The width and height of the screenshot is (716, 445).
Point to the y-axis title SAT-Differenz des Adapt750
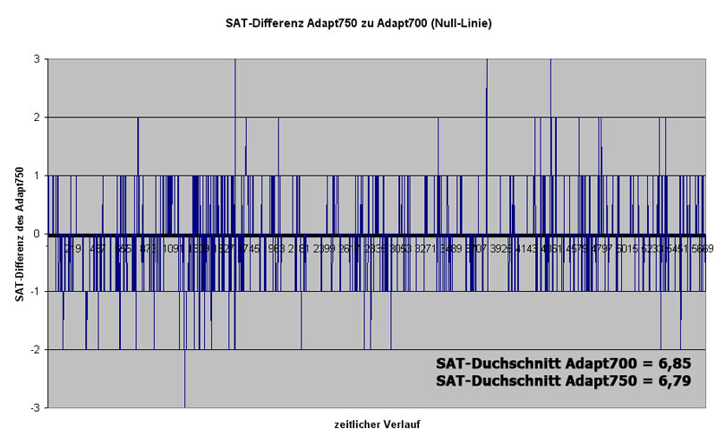20,233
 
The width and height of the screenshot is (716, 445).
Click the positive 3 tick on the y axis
38,59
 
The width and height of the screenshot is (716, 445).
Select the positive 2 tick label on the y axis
38,117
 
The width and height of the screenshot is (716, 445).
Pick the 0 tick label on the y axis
38,234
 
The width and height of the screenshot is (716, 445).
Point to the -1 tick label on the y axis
36,292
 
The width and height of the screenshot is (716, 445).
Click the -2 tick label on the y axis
36,350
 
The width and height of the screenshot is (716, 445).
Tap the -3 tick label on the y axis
36,408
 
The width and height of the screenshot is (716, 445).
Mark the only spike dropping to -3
185,394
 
